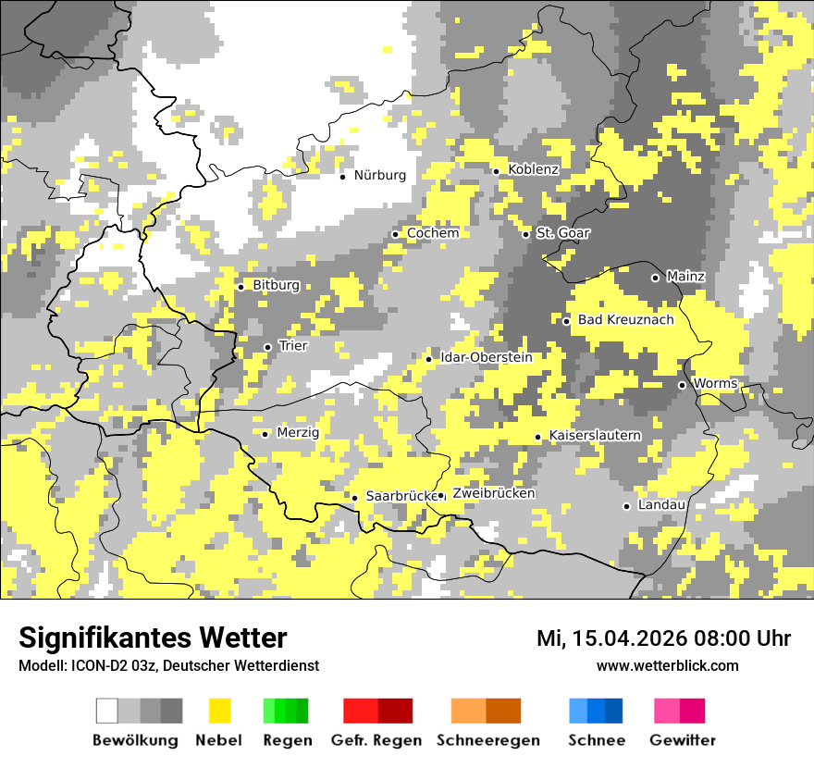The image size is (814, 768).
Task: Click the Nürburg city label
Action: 379,175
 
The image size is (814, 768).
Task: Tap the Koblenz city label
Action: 533,169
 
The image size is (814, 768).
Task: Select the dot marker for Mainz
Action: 655,278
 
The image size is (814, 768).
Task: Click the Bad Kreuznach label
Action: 625,320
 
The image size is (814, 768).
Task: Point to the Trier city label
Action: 292,346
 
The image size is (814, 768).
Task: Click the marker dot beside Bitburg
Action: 240,287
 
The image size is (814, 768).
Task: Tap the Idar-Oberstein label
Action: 487,357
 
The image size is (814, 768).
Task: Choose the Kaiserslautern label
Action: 595,436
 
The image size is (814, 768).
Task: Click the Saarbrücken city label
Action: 401,496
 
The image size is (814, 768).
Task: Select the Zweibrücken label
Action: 493,493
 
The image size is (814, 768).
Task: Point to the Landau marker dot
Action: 626,506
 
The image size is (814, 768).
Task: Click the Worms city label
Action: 714,384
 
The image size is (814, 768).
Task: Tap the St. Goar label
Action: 562,233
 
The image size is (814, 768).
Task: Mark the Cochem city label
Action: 432,233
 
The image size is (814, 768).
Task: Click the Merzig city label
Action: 298,433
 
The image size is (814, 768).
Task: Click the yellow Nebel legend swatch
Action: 220,711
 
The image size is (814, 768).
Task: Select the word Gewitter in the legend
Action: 682,740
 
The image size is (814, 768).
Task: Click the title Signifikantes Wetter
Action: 153,638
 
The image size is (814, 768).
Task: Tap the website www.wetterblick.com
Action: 667,666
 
